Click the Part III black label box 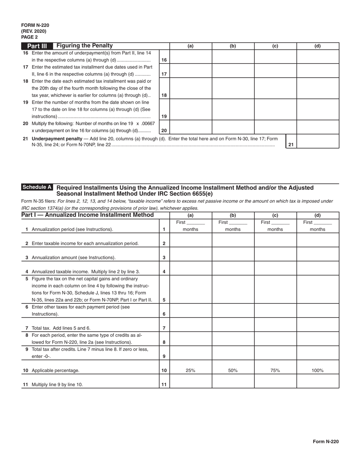pos(37,46)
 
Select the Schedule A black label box pos(37,187)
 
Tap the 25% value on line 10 pos(191,371)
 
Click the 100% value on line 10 pos(318,371)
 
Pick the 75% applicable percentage pos(275,371)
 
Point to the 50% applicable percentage pos(233,371)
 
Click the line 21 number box pos(291,144)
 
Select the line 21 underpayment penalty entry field pos(318,141)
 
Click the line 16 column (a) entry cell pos(191,56)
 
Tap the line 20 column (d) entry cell pos(318,127)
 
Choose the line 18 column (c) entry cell pos(275,88)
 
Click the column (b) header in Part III pos(233,46)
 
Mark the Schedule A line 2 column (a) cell pos(191,240)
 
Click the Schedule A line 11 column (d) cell pos(318,381)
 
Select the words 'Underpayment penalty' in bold pos(56,139)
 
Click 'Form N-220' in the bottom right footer pos(326,441)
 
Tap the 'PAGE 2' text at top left pos(29,37)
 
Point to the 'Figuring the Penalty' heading pos(85,46)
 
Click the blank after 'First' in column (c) pos(280,223)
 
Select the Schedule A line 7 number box pos(164,328)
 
